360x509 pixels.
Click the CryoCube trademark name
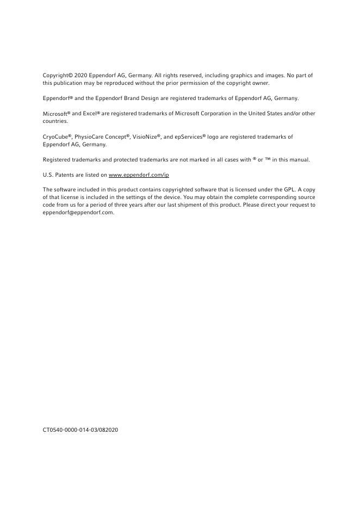[x=55, y=137]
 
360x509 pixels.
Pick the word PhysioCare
[x=89, y=137]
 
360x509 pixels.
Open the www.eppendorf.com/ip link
[x=139, y=175]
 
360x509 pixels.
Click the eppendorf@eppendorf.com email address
[x=79, y=213]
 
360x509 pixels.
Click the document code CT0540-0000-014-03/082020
[x=80, y=430]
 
